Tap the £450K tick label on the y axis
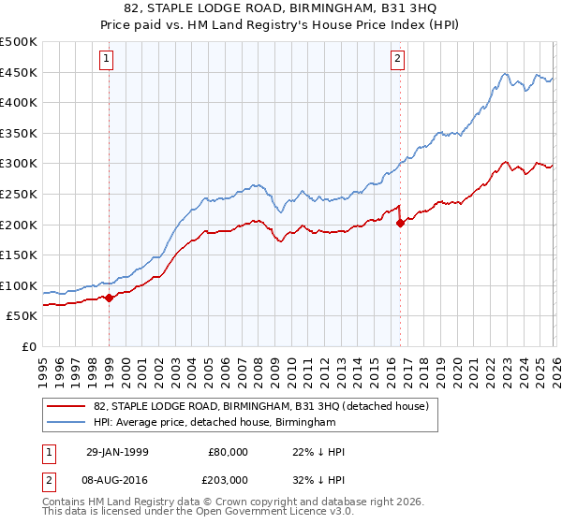point(19,73)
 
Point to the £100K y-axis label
point(19,285)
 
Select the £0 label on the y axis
point(29,346)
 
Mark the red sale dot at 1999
point(110,298)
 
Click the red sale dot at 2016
point(400,223)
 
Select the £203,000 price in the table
point(228,479)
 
